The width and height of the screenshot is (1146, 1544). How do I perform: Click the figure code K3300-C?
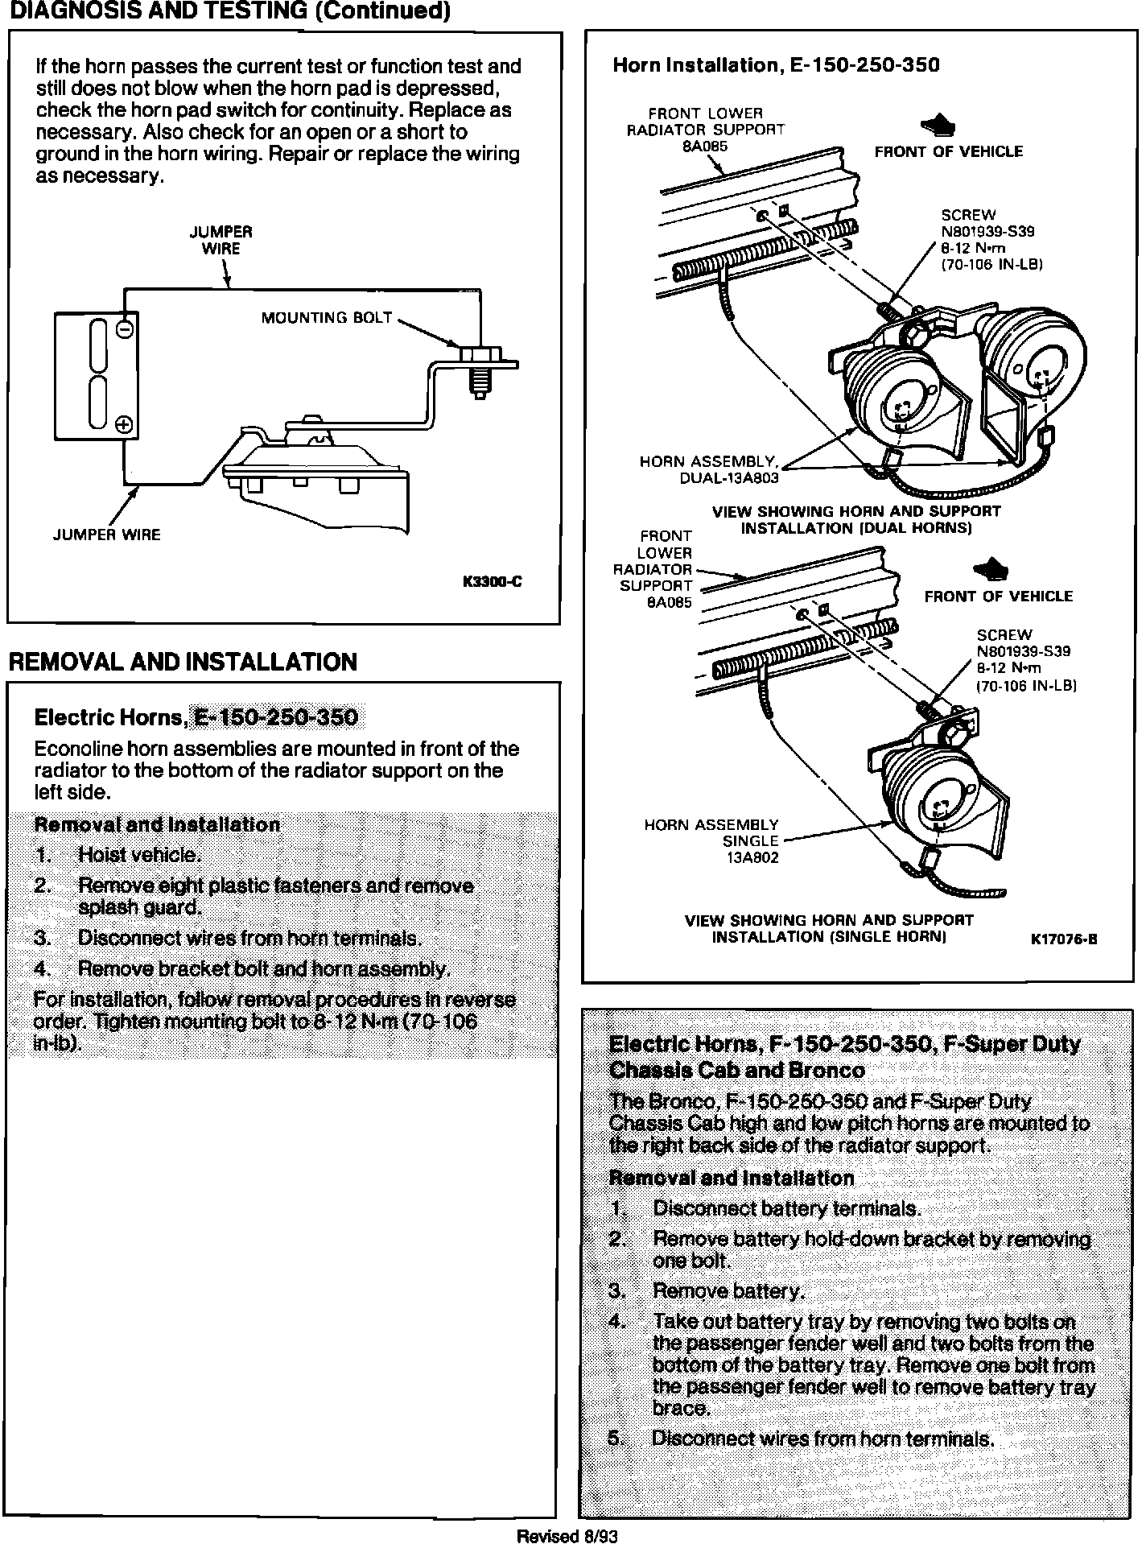pos(492,582)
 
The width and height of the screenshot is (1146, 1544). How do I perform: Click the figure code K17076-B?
pos(1064,939)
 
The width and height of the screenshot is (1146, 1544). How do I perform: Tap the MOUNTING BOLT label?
pos(326,318)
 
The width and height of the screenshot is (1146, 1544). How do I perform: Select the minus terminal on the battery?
pos(125,329)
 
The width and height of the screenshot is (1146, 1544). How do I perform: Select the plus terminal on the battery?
pos(125,425)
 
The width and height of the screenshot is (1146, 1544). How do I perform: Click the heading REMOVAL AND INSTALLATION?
pos(182,662)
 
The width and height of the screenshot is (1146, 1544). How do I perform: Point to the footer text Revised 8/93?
pos(567,1536)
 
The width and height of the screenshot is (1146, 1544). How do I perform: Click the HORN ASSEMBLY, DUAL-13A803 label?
pos(708,469)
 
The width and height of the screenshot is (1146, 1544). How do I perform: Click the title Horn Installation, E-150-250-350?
pos(776,65)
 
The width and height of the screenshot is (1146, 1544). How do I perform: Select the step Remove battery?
pos(728,1291)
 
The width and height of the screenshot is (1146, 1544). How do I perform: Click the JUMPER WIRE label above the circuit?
pos(221,240)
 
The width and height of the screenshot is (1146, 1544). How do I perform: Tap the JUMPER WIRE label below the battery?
pos(106,535)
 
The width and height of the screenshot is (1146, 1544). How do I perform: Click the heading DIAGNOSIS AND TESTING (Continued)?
pos(225,11)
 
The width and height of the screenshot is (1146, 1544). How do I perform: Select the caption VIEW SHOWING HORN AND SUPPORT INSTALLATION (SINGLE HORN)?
pos(829,928)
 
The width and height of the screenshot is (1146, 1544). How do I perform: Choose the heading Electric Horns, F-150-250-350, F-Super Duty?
pos(844,1045)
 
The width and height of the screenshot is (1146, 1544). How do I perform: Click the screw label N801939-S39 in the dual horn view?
pos(987,231)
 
